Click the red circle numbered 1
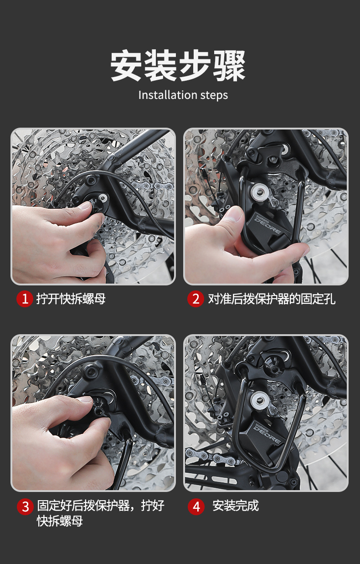tap(25, 299)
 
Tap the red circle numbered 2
tap(195, 299)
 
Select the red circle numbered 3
tap(25, 507)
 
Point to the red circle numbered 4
tap(196, 507)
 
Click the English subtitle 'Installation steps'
tap(183, 95)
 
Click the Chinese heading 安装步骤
tap(178, 66)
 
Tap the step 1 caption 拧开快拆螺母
tap(71, 299)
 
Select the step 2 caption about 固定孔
tap(272, 299)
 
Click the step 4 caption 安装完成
tap(236, 506)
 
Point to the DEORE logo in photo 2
tap(267, 224)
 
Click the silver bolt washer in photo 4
tap(259, 400)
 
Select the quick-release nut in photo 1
tap(100, 201)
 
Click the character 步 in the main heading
tap(195, 66)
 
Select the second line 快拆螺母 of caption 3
tap(60, 521)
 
